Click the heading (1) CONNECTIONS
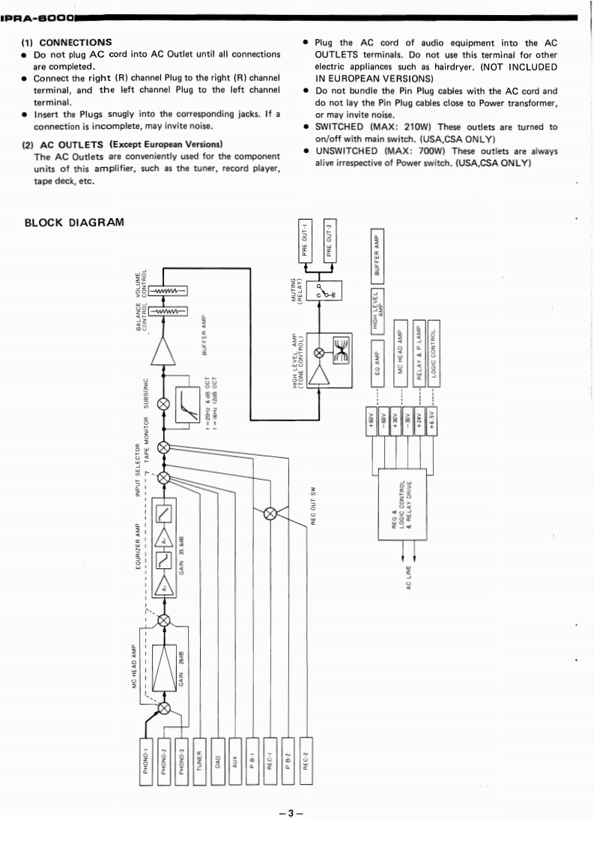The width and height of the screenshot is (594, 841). [x=67, y=43]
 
